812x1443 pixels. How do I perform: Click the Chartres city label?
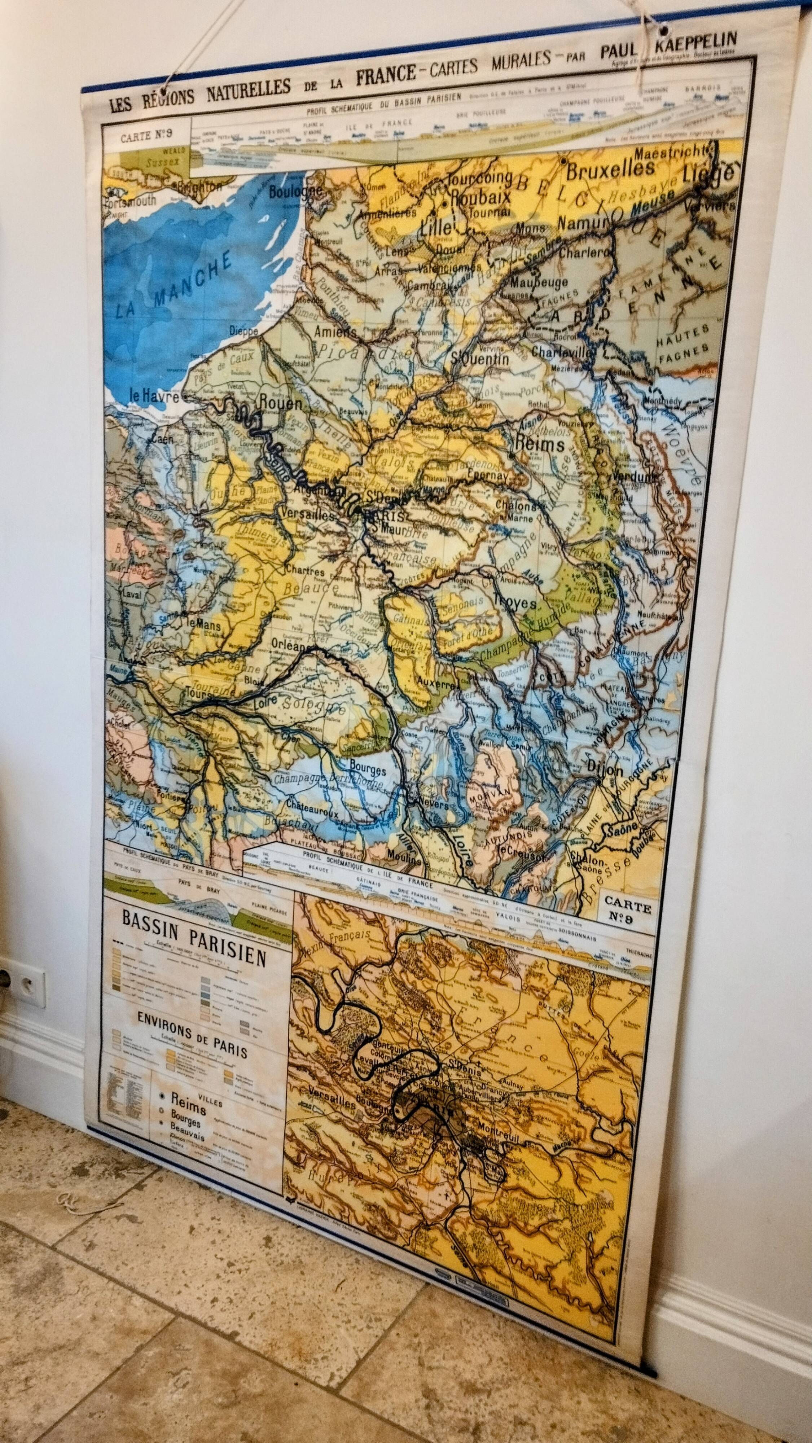tap(305, 571)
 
